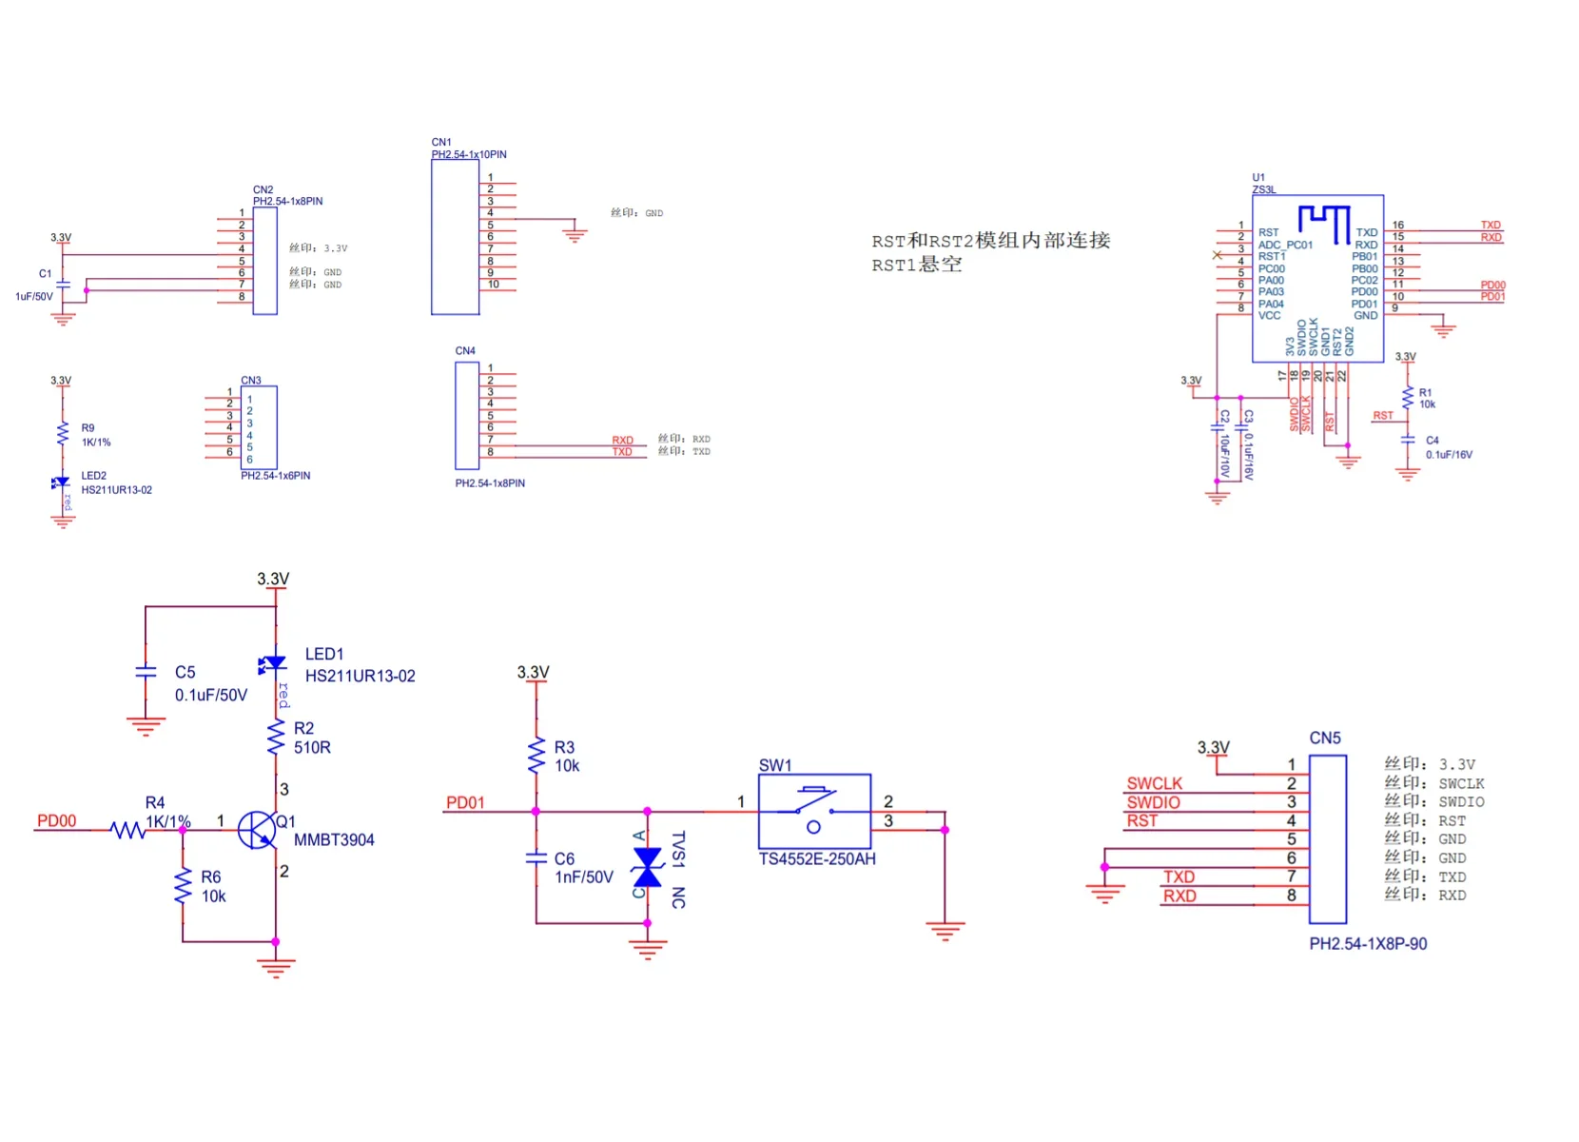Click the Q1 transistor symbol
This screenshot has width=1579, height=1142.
pyautogui.click(x=257, y=830)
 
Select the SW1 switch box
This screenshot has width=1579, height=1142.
pyautogui.click(x=814, y=811)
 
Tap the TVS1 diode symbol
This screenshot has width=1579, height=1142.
pyautogui.click(x=648, y=867)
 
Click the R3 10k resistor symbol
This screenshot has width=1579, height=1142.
pyautogui.click(x=536, y=756)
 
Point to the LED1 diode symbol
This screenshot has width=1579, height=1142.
pyautogui.click(x=275, y=663)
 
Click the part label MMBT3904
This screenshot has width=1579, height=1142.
pyautogui.click(x=334, y=839)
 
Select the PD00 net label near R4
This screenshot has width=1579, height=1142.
pyautogui.click(x=56, y=821)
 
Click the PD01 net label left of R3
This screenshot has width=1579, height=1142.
pyautogui.click(x=465, y=803)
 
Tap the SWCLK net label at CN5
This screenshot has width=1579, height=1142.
pyautogui.click(x=1154, y=783)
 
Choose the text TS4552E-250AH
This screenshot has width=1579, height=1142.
pyautogui.click(x=817, y=859)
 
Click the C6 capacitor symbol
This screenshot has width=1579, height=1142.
pyautogui.click(x=536, y=857)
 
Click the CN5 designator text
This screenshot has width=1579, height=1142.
pyautogui.click(x=1324, y=738)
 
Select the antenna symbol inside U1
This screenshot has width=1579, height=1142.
pyautogui.click(x=1324, y=222)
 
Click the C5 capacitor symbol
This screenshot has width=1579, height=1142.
pyautogui.click(x=146, y=672)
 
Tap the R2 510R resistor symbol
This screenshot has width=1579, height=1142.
pyautogui.click(x=276, y=737)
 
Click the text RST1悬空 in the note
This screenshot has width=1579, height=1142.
pyautogui.click(x=916, y=265)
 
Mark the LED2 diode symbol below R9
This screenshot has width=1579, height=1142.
pyautogui.click(x=62, y=482)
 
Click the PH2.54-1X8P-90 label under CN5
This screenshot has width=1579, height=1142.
pyautogui.click(x=1368, y=944)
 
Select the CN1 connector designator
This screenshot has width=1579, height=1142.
pyautogui.click(x=441, y=142)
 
